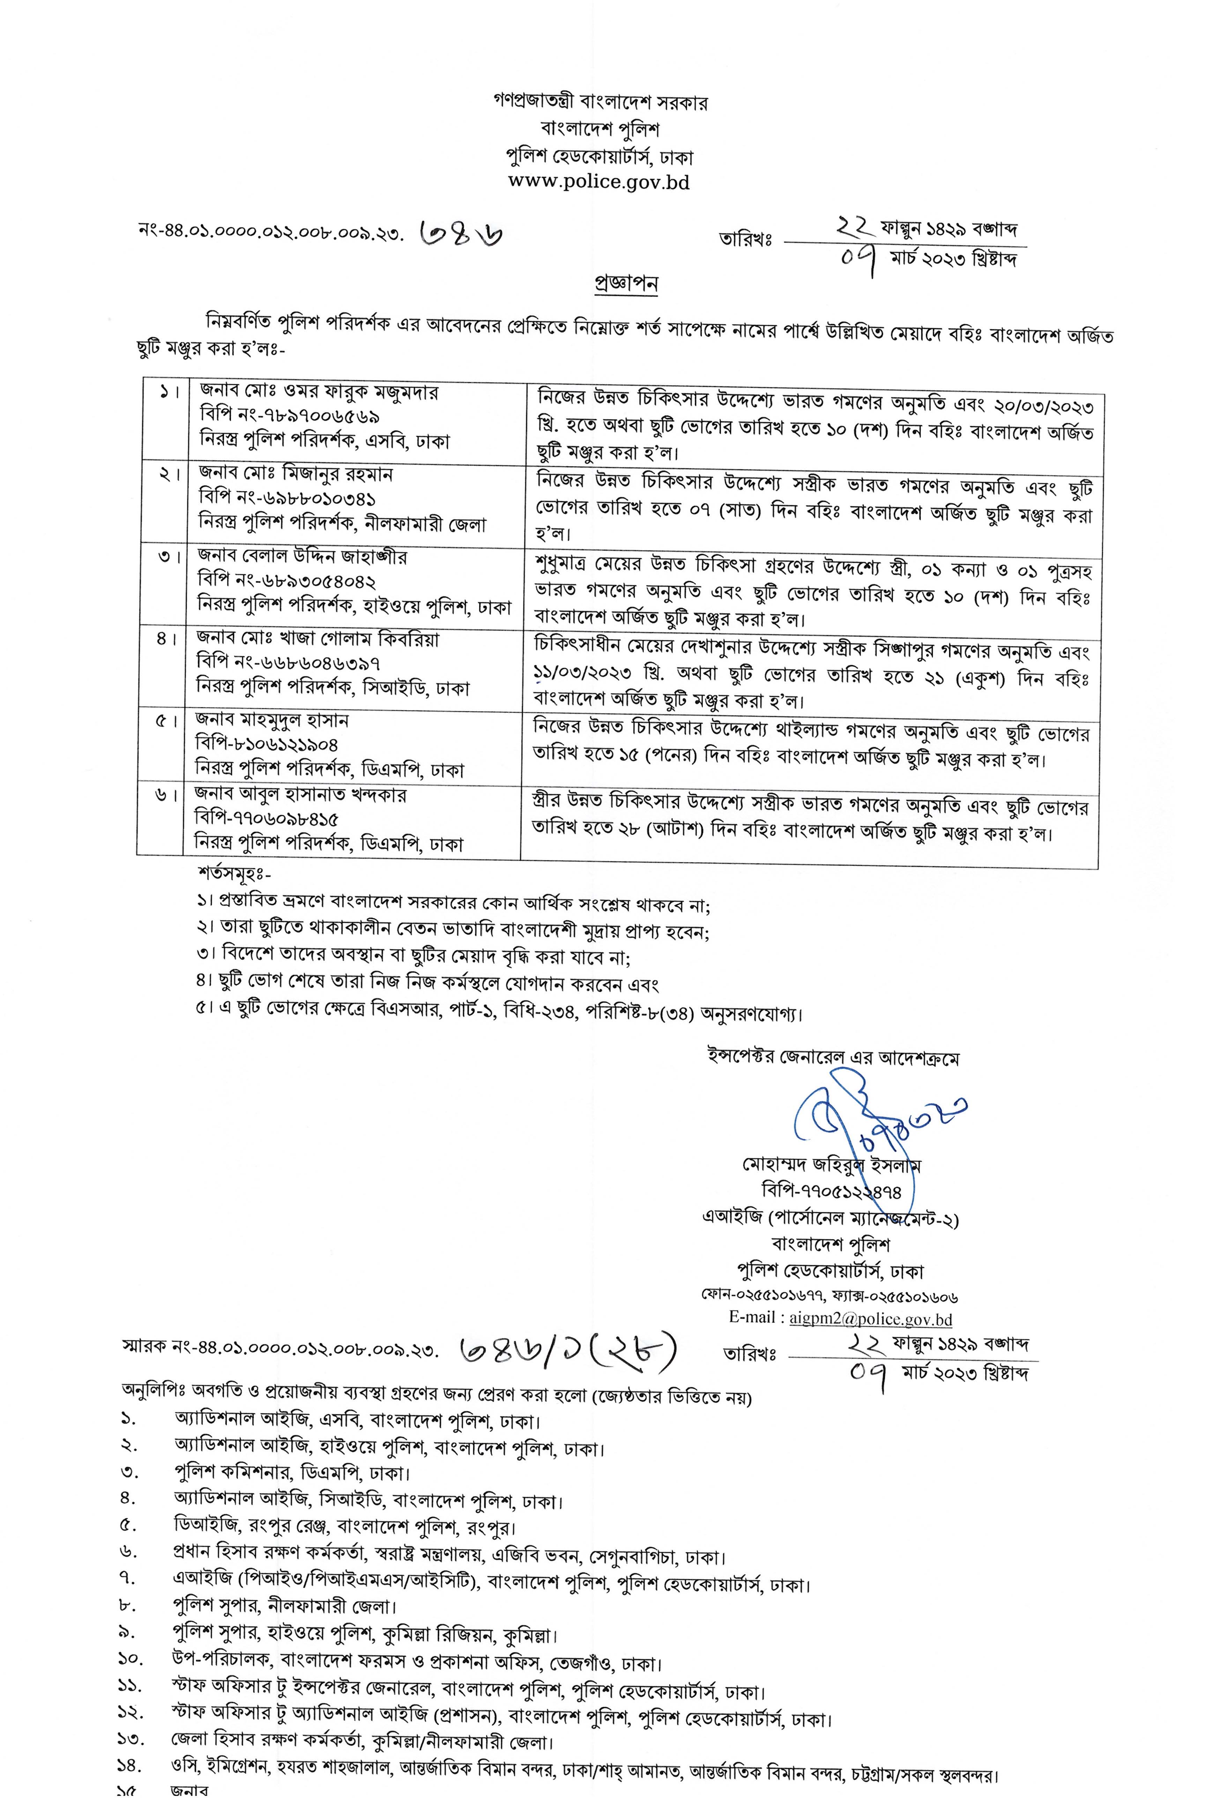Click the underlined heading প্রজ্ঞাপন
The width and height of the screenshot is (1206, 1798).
click(x=626, y=283)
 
